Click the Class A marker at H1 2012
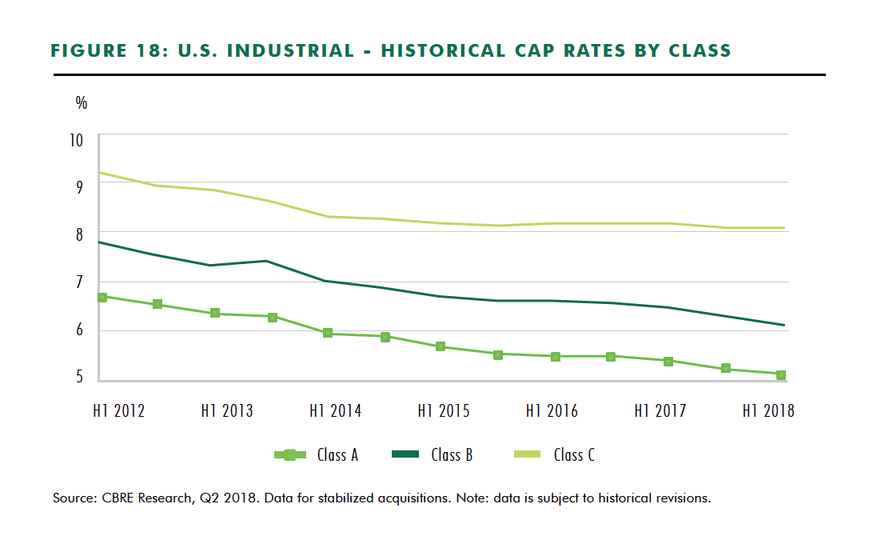click(x=101, y=297)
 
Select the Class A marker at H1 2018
click(x=780, y=374)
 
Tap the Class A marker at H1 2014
click(x=328, y=333)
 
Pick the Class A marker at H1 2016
click(x=556, y=356)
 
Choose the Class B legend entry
click(x=432, y=455)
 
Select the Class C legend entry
click(x=552, y=455)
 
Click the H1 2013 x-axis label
click(x=226, y=411)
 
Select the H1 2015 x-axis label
click(x=444, y=411)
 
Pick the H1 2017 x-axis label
click(x=660, y=411)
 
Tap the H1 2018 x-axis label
click(x=768, y=411)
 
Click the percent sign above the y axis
click(x=81, y=102)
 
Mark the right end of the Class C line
click(x=784, y=228)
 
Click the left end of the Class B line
click(x=98, y=242)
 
